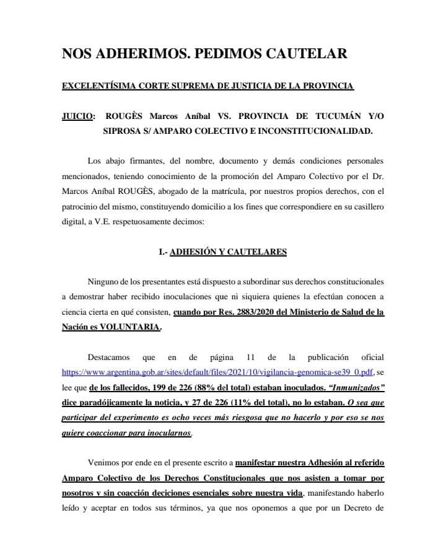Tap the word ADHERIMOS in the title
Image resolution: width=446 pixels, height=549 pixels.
(134, 54)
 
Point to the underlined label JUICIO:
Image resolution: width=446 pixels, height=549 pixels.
(79, 116)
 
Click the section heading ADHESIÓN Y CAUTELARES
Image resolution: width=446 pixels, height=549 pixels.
(228, 252)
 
